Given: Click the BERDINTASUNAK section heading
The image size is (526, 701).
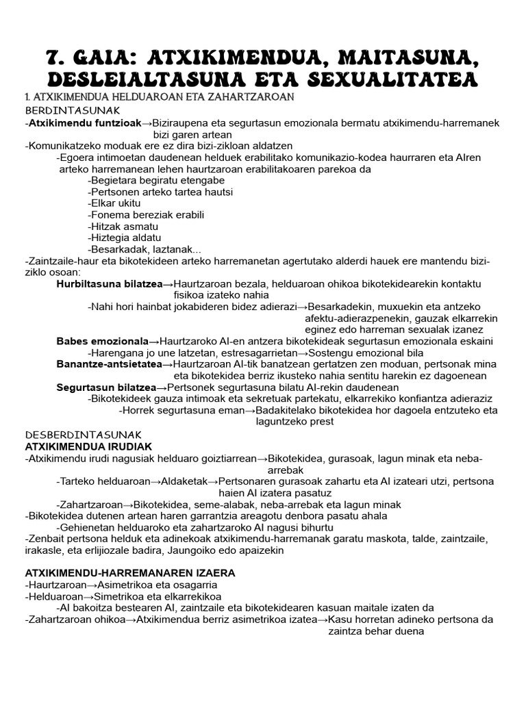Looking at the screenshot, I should [x=73, y=110].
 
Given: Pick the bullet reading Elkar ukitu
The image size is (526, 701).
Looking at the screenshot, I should [x=115, y=203].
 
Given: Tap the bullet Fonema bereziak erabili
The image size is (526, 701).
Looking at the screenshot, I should [x=147, y=215].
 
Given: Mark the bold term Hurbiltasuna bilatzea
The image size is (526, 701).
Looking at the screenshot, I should [x=109, y=284].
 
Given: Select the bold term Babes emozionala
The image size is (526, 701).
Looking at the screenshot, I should [x=102, y=342].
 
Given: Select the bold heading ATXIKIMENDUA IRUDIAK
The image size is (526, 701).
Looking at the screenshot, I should [x=88, y=446].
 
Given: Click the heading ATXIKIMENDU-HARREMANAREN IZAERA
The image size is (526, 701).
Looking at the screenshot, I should [x=129, y=572].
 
